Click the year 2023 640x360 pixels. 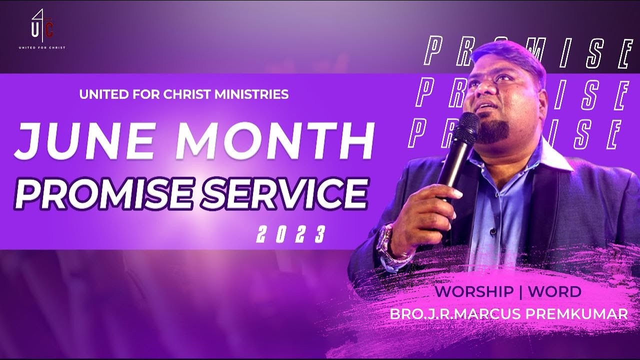(290, 234)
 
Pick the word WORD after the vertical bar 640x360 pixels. (554, 291)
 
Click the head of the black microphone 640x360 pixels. (468, 125)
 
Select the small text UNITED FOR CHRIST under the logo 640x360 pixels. (42, 48)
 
